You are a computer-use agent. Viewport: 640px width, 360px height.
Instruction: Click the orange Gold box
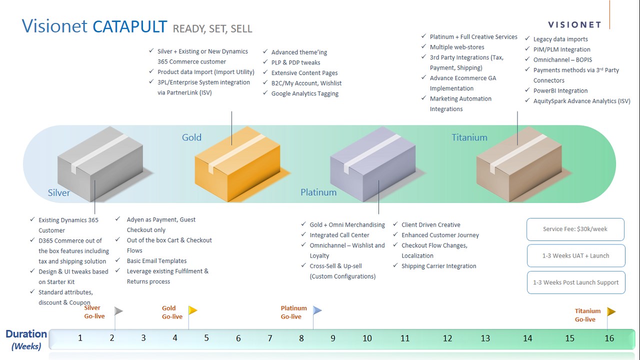(x=237, y=165)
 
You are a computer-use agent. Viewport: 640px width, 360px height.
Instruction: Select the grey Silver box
(x=100, y=165)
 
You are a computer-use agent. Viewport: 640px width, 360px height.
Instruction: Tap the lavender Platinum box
(x=372, y=165)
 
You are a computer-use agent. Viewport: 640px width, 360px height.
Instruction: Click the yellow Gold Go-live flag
(x=192, y=311)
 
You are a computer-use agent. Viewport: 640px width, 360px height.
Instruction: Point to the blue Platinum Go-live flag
(x=317, y=311)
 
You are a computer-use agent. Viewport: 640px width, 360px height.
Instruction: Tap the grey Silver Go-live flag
(x=118, y=311)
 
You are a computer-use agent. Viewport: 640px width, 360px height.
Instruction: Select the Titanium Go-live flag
(x=611, y=312)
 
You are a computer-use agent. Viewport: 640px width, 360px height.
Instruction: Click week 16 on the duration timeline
(x=609, y=338)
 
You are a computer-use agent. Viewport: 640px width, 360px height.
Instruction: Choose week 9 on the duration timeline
(x=333, y=338)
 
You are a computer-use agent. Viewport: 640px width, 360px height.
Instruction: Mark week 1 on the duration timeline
(x=80, y=338)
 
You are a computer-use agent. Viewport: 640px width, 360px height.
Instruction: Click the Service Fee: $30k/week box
(x=575, y=229)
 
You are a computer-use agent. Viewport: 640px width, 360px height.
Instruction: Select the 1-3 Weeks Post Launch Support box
(x=575, y=282)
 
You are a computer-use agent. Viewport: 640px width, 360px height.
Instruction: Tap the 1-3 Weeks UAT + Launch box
(x=575, y=255)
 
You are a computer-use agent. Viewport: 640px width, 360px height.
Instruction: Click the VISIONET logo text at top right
(x=574, y=24)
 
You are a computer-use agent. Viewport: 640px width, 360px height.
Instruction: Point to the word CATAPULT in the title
(x=130, y=26)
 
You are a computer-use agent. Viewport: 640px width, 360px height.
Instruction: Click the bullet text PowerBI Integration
(x=560, y=90)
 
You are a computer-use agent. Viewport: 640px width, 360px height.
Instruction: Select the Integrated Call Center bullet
(x=339, y=235)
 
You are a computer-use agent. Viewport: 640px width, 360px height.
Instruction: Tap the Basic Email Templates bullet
(x=156, y=260)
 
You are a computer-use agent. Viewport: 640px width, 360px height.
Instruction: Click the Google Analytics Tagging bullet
(x=304, y=93)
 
